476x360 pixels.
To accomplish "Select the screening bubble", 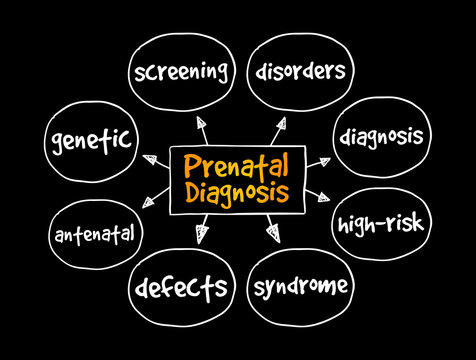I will point(180,72).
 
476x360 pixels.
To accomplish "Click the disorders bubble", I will point(301,71).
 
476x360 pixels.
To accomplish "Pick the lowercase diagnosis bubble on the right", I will point(380,135).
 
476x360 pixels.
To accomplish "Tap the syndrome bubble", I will point(301,289).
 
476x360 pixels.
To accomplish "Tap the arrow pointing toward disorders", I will point(277,124).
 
